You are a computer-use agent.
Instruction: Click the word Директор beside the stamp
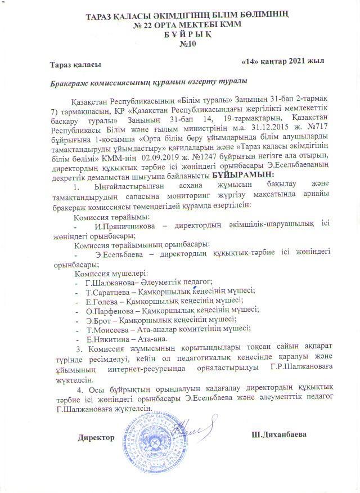click(x=97, y=437)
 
